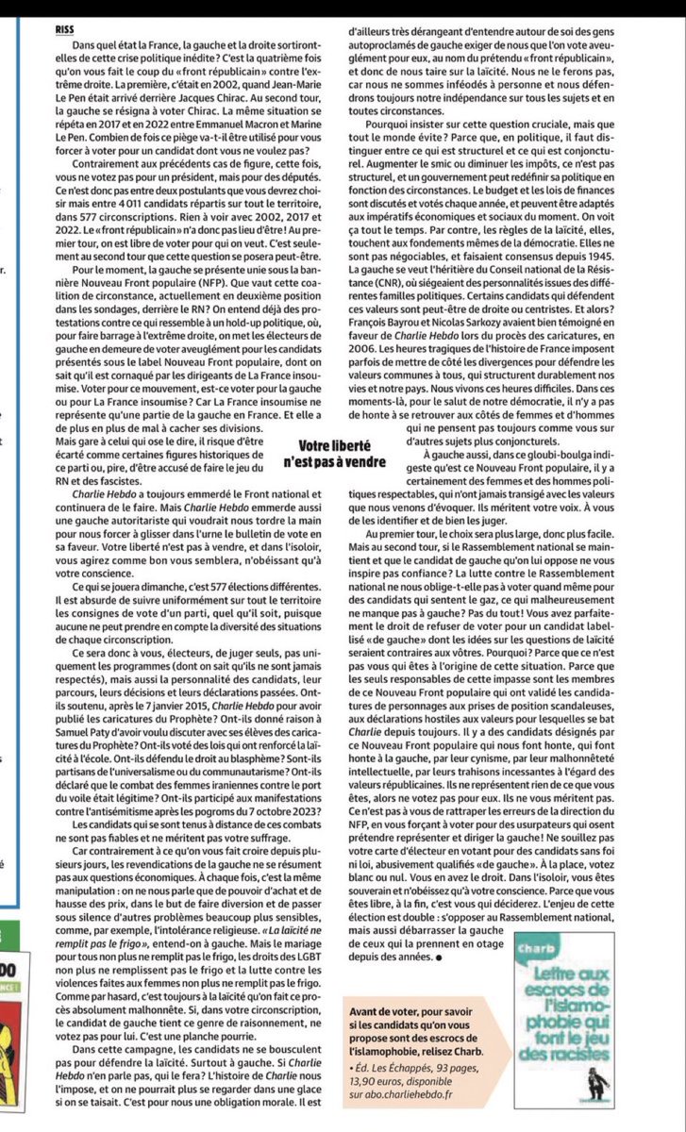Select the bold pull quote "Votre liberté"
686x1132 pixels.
point(334,444)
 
